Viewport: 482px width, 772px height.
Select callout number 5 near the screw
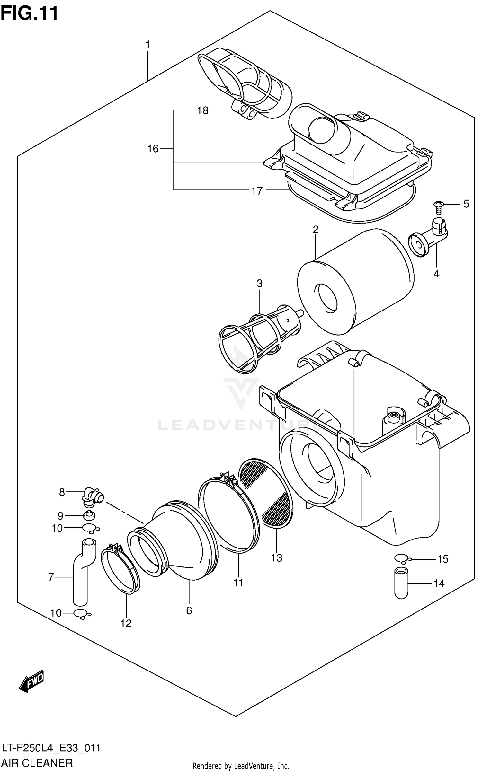[466, 204]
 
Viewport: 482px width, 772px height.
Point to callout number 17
[257, 191]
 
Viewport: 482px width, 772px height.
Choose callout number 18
[203, 111]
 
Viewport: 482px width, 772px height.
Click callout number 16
[153, 149]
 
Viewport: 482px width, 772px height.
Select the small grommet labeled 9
[89, 515]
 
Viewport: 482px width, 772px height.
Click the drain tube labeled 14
[401, 583]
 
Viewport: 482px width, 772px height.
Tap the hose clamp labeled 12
[121, 572]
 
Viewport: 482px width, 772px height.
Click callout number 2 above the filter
[315, 230]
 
